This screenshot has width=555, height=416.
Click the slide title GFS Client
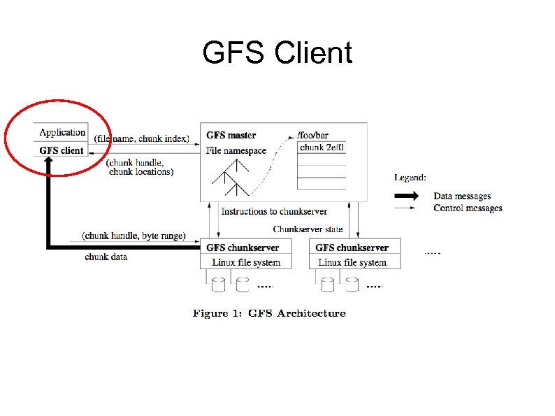(x=277, y=53)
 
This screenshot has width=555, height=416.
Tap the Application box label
(x=62, y=132)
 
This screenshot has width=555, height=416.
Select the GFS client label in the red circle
(x=62, y=150)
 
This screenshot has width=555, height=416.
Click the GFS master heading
(x=231, y=135)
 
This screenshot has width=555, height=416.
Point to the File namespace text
(x=236, y=150)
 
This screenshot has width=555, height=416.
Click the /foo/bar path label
(x=312, y=135)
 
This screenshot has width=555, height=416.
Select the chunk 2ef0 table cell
(x=322, y=148)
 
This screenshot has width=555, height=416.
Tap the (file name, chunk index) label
(x=142, y=138)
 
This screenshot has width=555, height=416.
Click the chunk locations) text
(x=141, y=171)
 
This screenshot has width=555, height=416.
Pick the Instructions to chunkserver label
(x=274, y=211)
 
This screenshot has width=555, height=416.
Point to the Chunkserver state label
(x=308, y=229)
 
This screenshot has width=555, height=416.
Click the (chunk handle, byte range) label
(x=134, y=236)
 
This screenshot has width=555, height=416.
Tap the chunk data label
(x=106, y=257)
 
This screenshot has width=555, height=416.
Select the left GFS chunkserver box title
(x=243, y=248)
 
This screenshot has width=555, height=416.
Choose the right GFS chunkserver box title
(x=352, y=248)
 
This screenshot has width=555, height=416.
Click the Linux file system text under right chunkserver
(x=352, y=262)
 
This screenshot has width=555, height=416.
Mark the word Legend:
(x=410, y=178)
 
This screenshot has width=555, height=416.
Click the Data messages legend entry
(x=462, y=196)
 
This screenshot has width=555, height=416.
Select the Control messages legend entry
(x=467, y=208)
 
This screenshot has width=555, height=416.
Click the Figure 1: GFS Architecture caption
(x=269, y=313)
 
